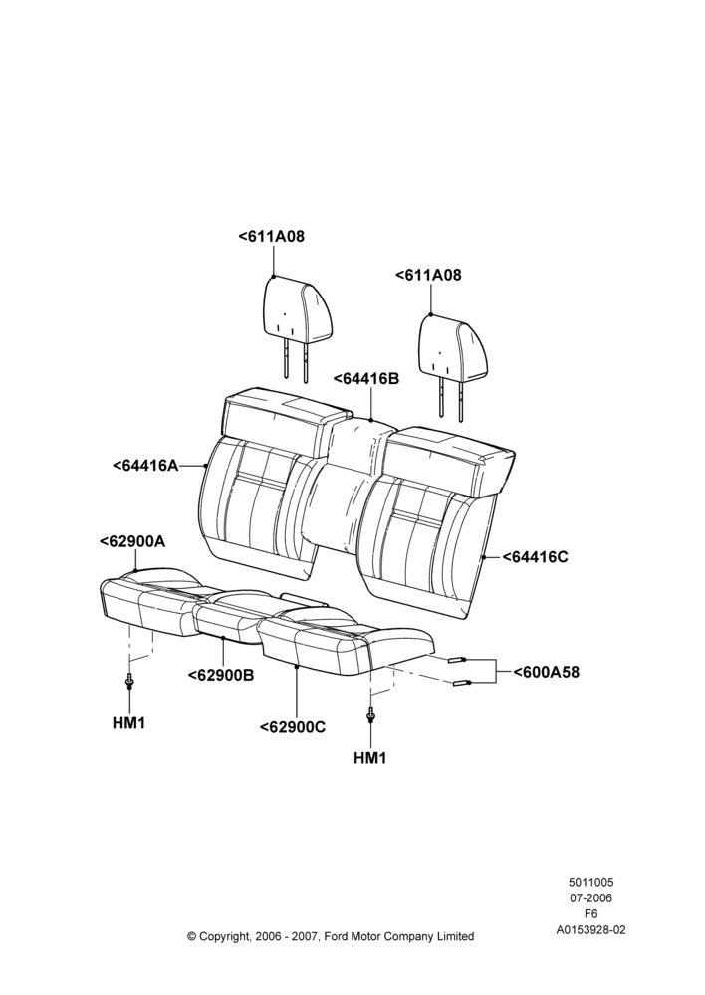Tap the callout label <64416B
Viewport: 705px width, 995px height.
point(366,379)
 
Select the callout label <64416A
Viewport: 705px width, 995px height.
point(145,465)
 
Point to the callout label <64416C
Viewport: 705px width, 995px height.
point(536,557)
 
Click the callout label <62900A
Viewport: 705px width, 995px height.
point(132,541)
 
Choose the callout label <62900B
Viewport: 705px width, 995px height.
point(221,675)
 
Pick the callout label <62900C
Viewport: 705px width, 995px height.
point(293,727)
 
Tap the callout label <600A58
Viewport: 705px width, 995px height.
point(547,672)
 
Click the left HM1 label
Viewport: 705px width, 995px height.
point(128,722)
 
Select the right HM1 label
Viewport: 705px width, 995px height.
point(370,757)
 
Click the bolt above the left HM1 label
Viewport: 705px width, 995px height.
point(129,681)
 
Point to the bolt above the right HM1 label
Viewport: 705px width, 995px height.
point(370,715)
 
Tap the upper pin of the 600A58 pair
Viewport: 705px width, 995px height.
point(457,660)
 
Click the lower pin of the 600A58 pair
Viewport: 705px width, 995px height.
point(461,683)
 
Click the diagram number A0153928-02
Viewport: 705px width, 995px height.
point(590,930)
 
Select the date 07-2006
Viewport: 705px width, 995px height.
point(590,897)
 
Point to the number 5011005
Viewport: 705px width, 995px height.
point(590,882)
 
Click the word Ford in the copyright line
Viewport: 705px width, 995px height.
point(338,936)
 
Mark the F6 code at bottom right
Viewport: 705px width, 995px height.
point(590,914)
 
